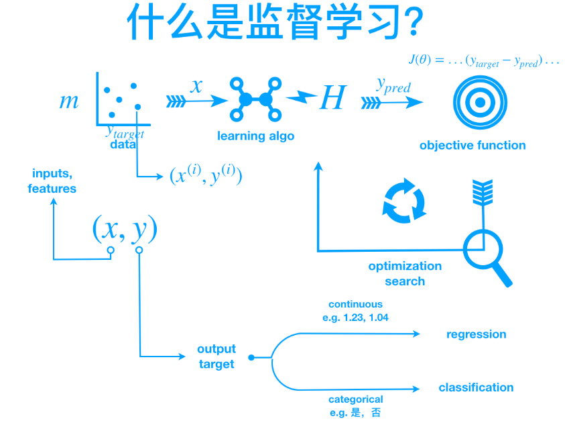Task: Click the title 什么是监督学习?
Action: [x=275, y=23]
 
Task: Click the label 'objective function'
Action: [x=473, y=146]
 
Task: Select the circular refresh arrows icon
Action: [x=404, y=199]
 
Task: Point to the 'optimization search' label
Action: [x=405, y=273]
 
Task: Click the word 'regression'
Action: [x=476, y=334]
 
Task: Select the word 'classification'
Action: [x=476, y=387]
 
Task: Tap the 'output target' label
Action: [x=216, y=357]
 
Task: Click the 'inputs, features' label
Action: [x=52, y=182]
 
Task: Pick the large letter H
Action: [x=331, y=99]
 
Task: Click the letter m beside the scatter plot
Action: [x=69, y=101]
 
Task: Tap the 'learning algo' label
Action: [x=255, y=136]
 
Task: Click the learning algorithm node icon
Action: [x=255, y=99]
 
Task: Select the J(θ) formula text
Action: [x=483, y=61]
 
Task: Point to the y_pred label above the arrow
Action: [x=393, y=85]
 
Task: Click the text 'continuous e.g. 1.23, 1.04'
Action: [x=355, y=311]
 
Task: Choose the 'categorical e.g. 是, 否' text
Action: [x=355, y=406]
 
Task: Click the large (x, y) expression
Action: [x=125, y=229]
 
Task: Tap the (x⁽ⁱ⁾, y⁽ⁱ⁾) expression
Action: [x=205, y=176]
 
